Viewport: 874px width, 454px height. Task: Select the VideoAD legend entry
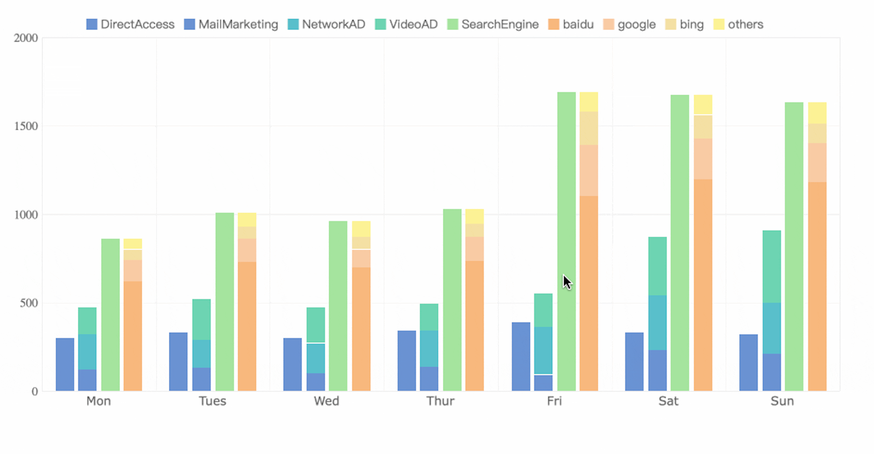tap(407, 25)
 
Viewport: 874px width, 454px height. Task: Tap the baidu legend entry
tap(571, 25)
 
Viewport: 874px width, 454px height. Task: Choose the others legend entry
tap(738, 25)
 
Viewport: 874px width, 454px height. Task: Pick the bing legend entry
tap(685, 25)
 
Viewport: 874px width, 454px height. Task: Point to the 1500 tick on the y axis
tap(26, 126)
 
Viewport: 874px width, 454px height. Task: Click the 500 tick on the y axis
tap(29, 303)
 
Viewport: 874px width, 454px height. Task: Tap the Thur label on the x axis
tap(440, 401)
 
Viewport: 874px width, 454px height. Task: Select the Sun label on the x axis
tap(782, 401)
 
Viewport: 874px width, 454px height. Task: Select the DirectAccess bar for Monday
tap(65, 364)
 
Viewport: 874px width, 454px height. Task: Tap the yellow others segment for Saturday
tap(703, 105)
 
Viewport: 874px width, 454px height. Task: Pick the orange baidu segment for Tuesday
tap(247, 325)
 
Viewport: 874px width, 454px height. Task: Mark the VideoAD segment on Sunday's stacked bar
tap(772, 266)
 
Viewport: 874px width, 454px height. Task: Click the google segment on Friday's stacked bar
tap(589, 170)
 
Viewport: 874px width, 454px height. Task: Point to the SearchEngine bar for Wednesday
tap(338, 305)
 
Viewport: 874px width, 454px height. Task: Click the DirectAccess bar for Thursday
tap(407, 360)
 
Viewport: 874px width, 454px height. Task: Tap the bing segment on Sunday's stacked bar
tap(817, 133)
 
